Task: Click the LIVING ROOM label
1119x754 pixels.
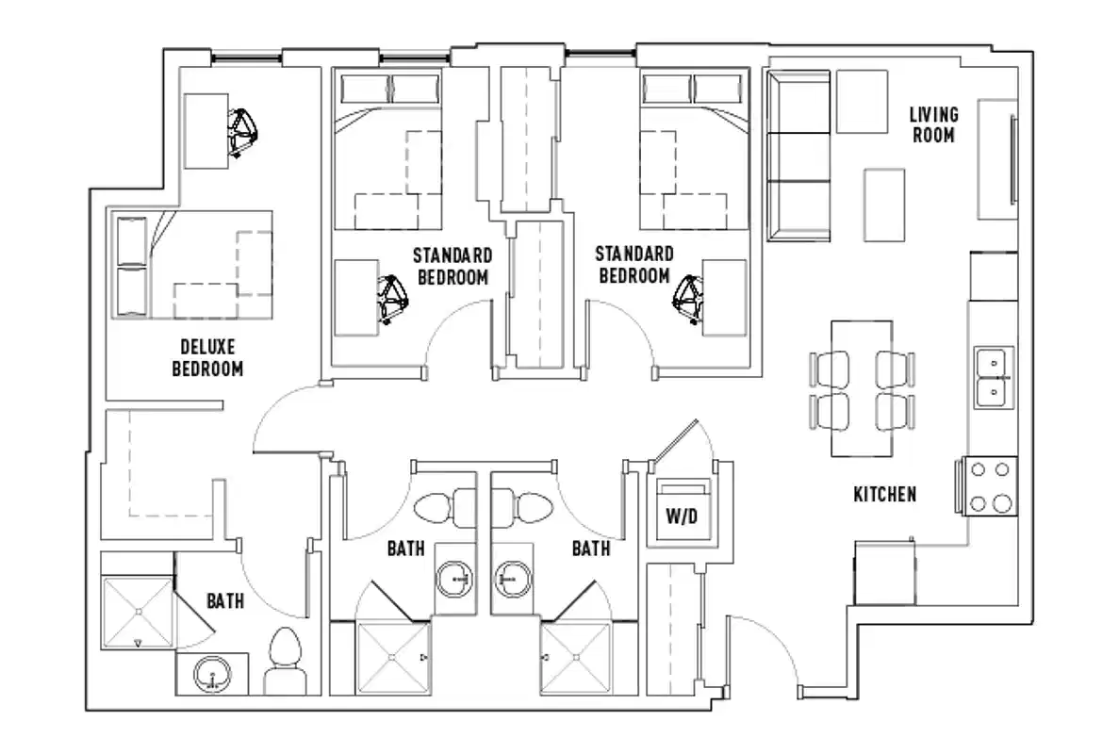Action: [933, 124]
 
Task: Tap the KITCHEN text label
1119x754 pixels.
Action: [884, 494]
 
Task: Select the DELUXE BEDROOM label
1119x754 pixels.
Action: [206, 356]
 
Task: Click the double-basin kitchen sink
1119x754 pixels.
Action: [993, 376]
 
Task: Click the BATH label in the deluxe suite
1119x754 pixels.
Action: [225, 599]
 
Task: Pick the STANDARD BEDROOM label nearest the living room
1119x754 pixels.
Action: [634, 265]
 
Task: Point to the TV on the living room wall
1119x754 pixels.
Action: [1013, 159]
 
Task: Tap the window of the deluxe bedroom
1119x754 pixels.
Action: [247, 58]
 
